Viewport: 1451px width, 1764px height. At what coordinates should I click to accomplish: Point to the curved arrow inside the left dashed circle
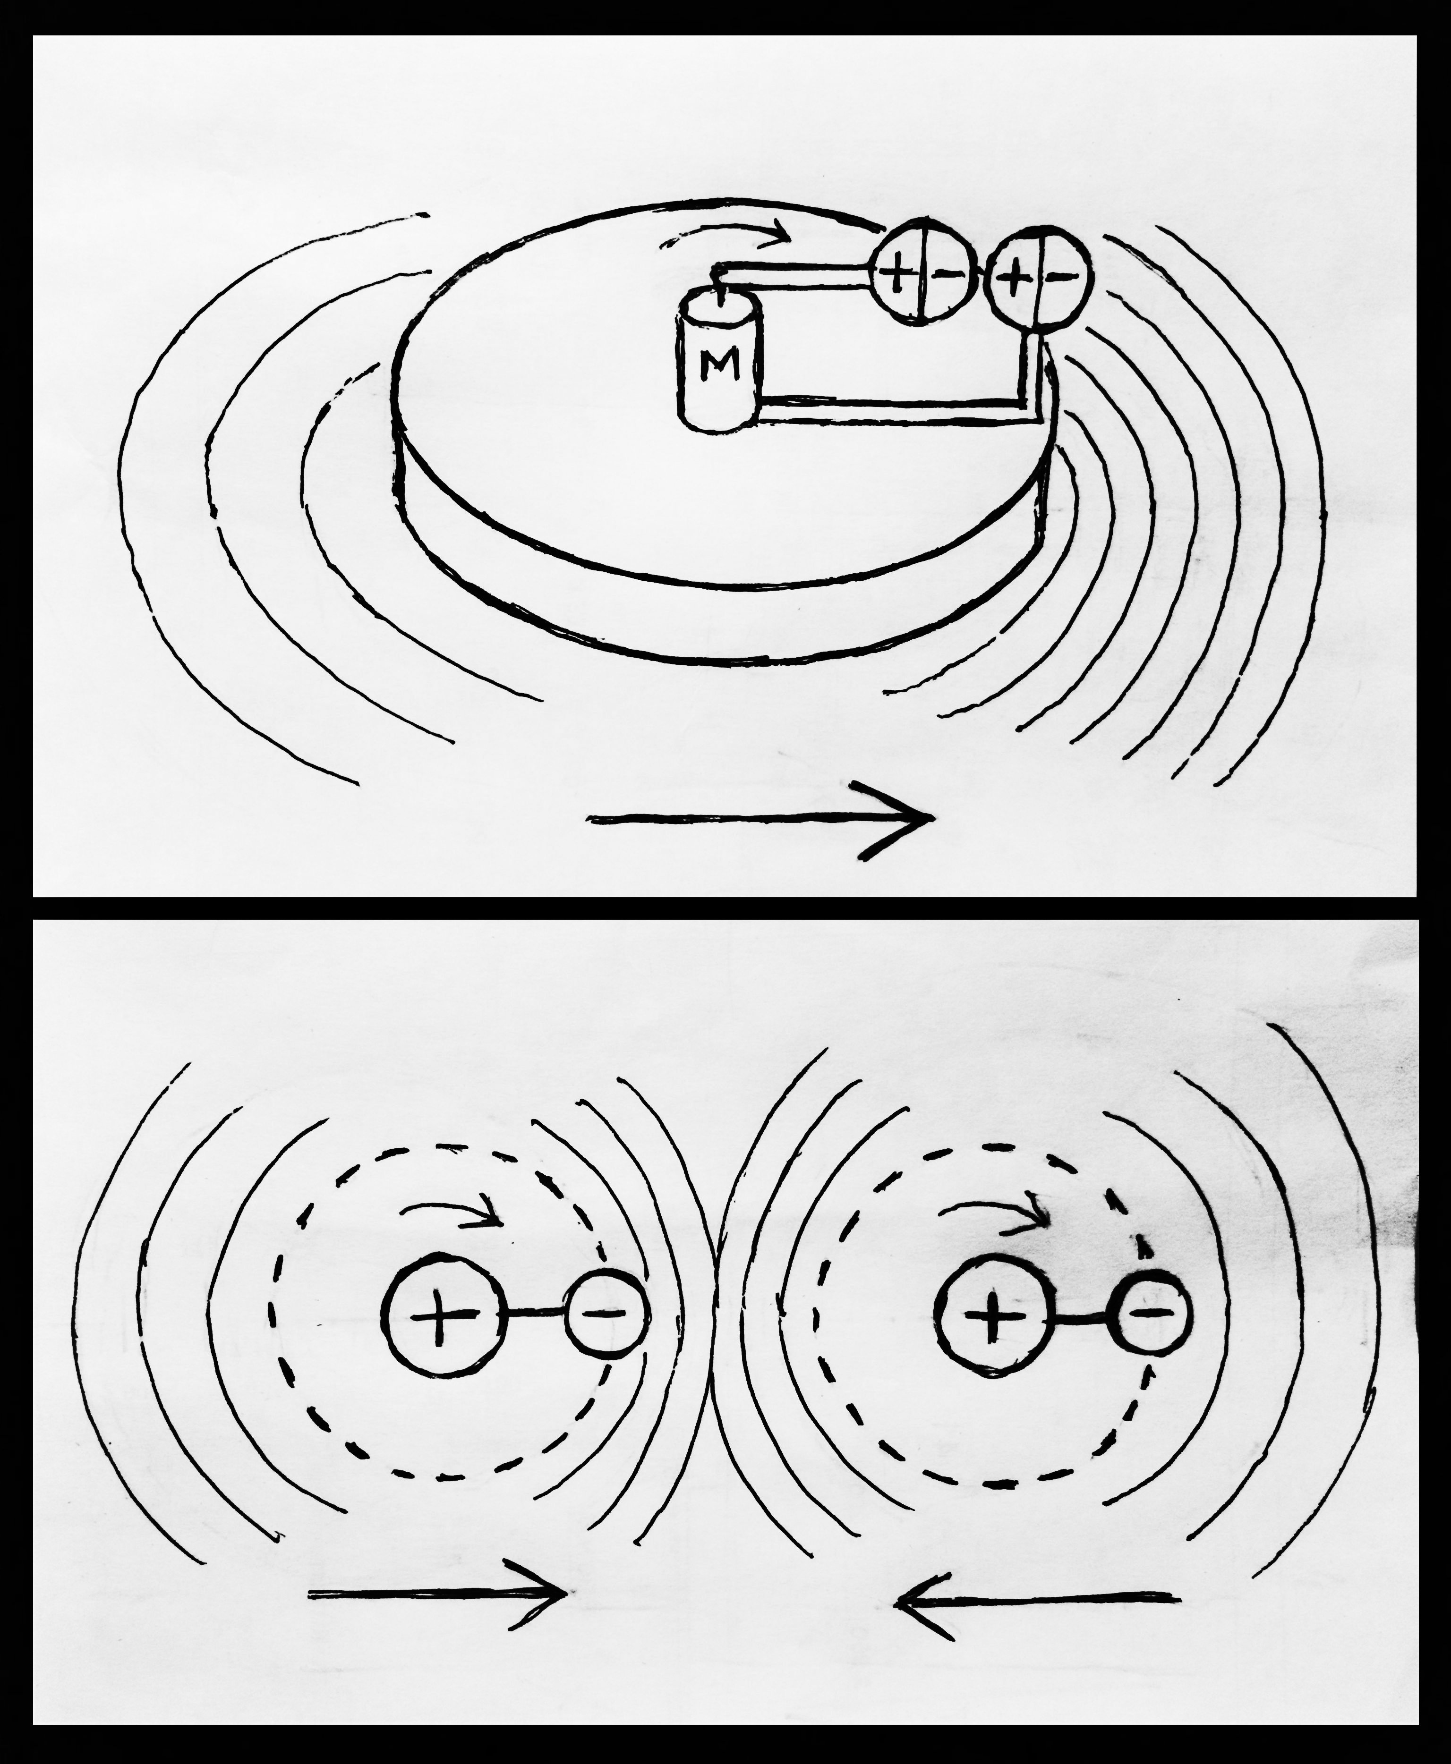pyautogui.click(x=452, y=1210)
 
